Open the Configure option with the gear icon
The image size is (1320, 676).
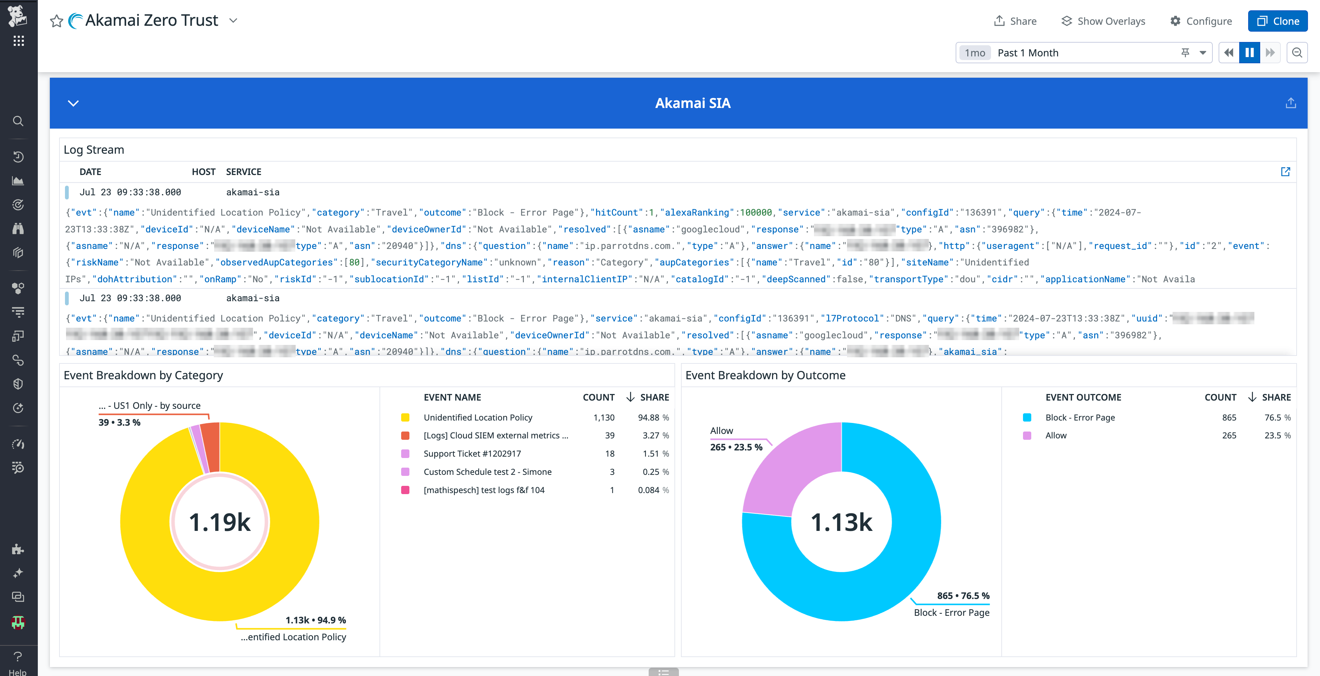[x=1201, y=21]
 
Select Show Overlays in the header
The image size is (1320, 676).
[x=1103, y=21]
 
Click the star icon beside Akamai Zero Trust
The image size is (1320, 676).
[x=56, y=21]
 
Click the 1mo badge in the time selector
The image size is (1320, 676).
[x=975, y=53]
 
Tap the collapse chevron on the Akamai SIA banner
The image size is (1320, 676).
[x=73, y=103]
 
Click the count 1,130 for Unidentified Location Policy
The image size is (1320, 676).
[x=604, y=417]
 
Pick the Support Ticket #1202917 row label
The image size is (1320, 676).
[x=472, y=454]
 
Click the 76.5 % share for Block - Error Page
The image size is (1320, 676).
[x=1277, y=417]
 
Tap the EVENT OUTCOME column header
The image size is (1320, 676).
[x=1083, y=397]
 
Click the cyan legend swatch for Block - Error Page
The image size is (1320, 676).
[x=1027, y=417]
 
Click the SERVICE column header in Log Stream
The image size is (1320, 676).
[x=243, y=172]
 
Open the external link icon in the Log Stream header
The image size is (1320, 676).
[x=1285, y=172]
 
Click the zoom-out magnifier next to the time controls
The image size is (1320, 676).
[x=1297, y=53]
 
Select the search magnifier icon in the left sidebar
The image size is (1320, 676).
[x=18, y=121]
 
